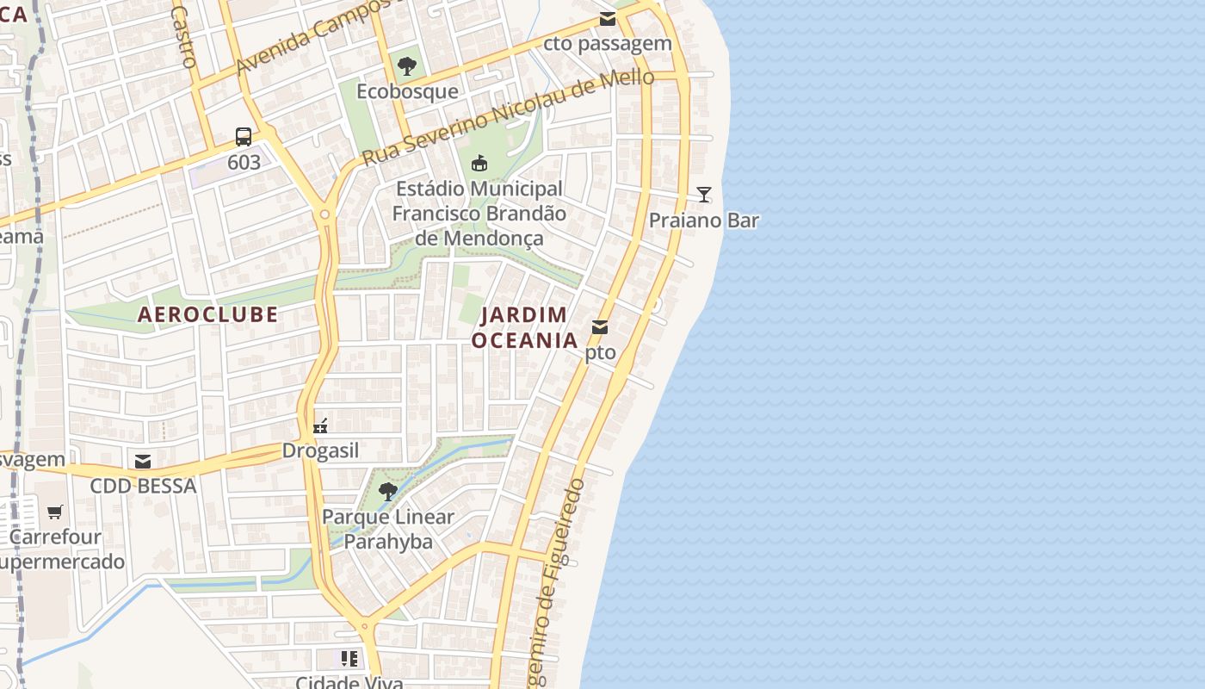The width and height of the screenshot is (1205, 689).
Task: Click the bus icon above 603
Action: pyautogui.click(x=244, y=136)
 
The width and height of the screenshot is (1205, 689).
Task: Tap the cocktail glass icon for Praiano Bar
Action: pyautogui.click(x=704, y=195)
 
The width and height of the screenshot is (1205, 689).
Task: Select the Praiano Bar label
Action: pyautogui.click(x=704, y=220)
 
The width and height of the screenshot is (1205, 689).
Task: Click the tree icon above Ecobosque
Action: pyautogui.click(x=407, y=65)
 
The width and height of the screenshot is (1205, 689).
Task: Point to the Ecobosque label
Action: pyautogui.click(x=407, y=91)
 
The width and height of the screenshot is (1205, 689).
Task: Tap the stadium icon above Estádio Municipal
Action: pyautogui.click(x=479, y=162)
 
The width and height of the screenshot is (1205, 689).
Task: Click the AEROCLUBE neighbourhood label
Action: pyautogui.click(x=207, y=314)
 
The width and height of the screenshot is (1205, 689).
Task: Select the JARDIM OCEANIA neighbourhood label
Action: pyautogui.click(x=524, y=327)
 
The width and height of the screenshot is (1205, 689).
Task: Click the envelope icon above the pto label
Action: pyautogui.click(x=600, y=327)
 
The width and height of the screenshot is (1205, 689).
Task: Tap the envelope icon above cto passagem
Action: pyautogui.click(x=608, y=19)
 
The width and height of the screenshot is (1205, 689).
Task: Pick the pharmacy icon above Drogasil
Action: pyautogui.click(x=320, y=425)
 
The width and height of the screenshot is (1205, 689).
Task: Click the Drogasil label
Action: pyautogui.click(x=320, y=451)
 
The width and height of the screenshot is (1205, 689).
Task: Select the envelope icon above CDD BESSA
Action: pyautogui.click(x=143, y=462)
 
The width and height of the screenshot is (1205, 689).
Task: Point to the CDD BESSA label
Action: pyautogui.click(x=143, y=487)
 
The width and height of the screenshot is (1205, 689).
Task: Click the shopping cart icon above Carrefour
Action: pyautogui.click(x=55, y=512)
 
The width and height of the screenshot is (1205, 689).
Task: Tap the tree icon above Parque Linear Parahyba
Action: pyautogui.click(x=388, y=492)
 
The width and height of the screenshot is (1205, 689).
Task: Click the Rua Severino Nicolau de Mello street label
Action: pyautogui.click(x=508, y=117)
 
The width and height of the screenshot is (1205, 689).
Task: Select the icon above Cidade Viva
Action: pyautogui.click(x=349, y=660)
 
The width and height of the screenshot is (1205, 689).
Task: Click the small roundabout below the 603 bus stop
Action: pyautogui.click(x=324, y=214)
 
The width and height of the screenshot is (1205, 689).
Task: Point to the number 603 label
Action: pyautogui.click(x=244, y=162)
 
